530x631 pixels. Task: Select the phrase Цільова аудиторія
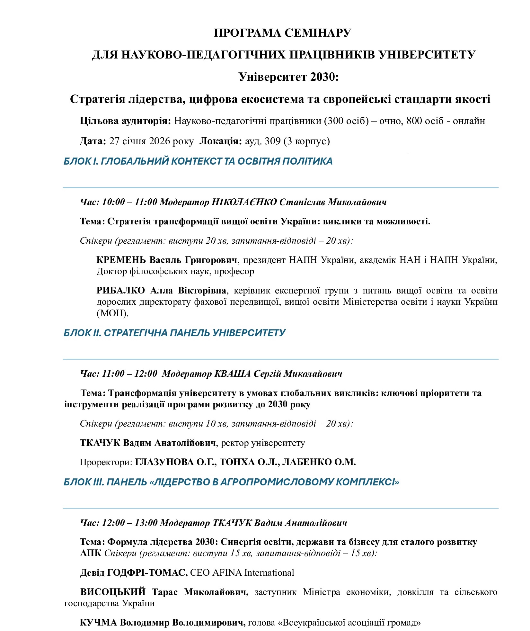point(125,121)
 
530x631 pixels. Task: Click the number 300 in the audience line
point(335,121)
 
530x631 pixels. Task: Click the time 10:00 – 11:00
point(130,202)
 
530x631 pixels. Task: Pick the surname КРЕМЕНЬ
point(121,260)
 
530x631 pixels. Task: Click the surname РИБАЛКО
point(121,291)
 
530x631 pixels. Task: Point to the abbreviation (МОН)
point(112,313)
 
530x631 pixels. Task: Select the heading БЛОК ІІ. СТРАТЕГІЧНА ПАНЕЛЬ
point(174,333)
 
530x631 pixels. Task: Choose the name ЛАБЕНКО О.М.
point(319,462)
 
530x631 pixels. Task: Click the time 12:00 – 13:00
point(130,523)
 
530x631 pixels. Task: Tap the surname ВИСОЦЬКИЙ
point(113,592)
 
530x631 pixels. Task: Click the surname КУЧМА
point(99,623)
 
